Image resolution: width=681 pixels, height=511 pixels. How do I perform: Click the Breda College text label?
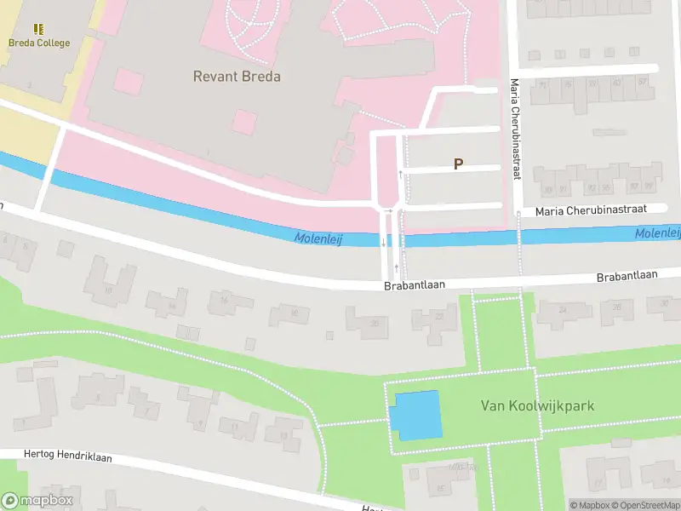(x=39, y=43)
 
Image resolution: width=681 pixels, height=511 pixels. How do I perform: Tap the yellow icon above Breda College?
(x=39, y=29)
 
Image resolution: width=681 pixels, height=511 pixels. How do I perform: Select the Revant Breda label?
(x=237, y=77)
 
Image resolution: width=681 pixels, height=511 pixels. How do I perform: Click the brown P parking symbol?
(x=458, y=164)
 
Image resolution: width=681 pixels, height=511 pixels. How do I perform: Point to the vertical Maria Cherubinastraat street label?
(x=515, y=128)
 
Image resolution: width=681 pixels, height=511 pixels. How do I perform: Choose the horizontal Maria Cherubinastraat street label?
(x=592, y=209)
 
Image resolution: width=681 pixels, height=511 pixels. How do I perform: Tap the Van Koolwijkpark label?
(x=537, y=406)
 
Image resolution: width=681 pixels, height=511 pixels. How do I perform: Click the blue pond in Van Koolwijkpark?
(x=415, y=415)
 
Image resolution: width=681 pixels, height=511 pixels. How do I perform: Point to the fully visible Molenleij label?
(x=318, y=239)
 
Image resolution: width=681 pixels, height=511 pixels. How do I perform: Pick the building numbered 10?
(x=295, y=314)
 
